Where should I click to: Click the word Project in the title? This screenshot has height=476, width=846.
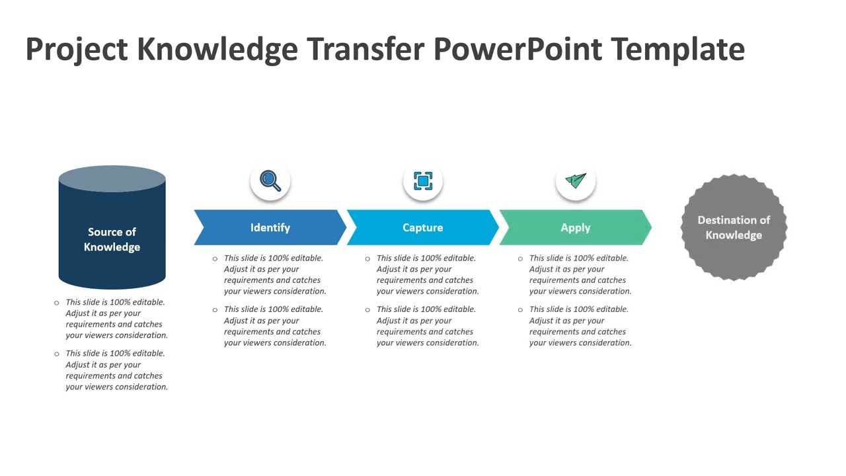pos(76,50)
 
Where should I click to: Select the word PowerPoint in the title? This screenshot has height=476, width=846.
pos(518,50)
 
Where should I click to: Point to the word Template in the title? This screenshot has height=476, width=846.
pos(677,50)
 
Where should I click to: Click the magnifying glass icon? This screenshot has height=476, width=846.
pos(270,180)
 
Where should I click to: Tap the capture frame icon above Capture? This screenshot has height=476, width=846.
pos(423,180)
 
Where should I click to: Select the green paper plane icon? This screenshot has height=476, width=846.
pos(576,180)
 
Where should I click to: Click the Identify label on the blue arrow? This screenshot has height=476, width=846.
pos(270,227)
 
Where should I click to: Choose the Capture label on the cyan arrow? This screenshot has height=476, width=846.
pos(422,227)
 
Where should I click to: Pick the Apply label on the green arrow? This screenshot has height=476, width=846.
pos(575,227)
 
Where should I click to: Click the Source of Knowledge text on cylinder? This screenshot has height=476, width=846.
pos(112,239)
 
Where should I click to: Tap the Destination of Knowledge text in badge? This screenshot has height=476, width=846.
pos(734,227)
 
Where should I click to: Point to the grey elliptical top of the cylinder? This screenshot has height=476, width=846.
pos(112,178)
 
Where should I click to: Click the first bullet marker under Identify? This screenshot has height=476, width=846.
pos(215,258)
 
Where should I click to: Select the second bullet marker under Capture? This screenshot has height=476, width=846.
pos(367,309)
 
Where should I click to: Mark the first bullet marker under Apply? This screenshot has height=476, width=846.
pos(520,258)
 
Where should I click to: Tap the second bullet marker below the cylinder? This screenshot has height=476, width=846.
pos(57,354)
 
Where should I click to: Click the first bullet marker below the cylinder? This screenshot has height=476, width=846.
pos(57,303)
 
